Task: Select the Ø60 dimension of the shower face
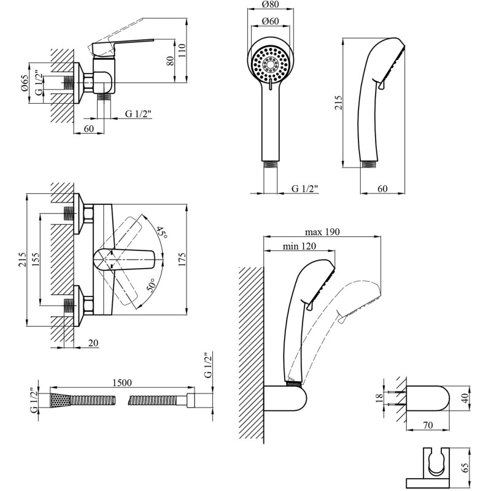(269, 22)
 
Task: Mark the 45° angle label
(161, 233)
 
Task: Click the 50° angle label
(151, 285)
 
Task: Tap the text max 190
(322, 232)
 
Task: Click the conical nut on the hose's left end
(58, 400)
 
